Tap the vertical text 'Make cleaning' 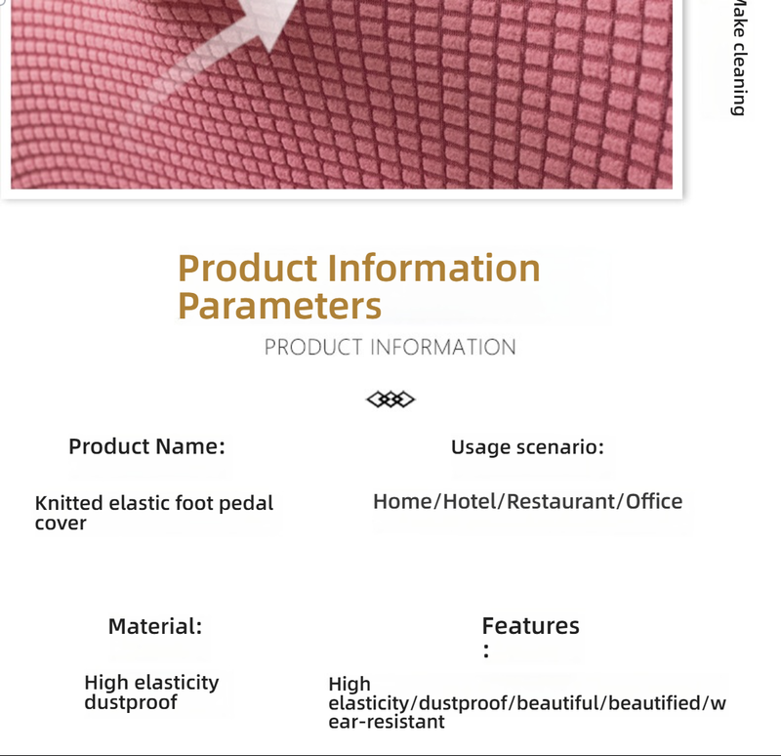click(740, 59)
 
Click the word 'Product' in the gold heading click(248, 268)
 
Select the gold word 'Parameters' click(279, 306)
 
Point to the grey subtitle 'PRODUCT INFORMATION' click(390, 347)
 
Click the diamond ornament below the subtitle click(390, 399)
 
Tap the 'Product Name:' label click(146, 446)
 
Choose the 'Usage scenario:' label click(527, 447)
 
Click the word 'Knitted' click(68, 504)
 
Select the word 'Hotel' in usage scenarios click(470, 502)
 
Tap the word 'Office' click(654, 502)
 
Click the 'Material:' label click(155, 626)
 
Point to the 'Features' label click(530, 626)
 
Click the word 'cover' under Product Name click(61, 524)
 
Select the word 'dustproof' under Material click(131, 702)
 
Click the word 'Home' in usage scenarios click(402, 502)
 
